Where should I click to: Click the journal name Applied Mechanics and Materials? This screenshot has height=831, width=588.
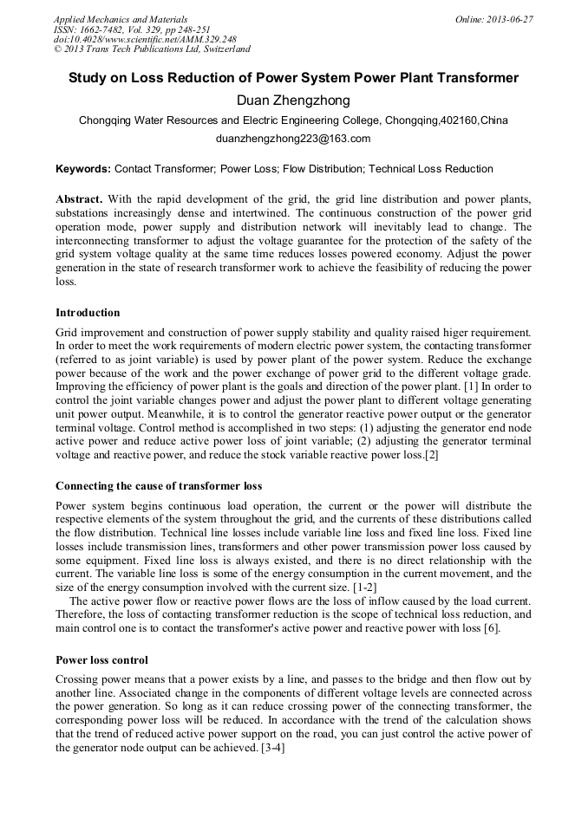pos(121,19)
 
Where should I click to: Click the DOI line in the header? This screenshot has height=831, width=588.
pos(145,39)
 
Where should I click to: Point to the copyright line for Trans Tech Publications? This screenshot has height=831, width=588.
pos(152,49)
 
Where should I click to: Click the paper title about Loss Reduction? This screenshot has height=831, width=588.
pos(293,78)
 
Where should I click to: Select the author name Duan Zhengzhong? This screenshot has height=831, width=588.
pos(293,101)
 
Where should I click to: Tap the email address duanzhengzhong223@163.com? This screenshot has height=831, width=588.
pos(293,139)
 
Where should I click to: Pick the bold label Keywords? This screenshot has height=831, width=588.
pos(83,169)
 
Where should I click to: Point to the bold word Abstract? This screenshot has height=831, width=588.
pos(79,199)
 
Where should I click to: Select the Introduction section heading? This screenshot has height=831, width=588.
pos(88,313)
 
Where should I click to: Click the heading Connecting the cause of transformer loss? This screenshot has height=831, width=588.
pos(159,485)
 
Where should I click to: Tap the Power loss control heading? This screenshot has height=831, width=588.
pos(101,659)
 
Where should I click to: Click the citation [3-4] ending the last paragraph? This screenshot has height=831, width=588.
pos(272,748)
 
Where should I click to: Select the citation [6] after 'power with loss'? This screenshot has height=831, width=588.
pos(492,628)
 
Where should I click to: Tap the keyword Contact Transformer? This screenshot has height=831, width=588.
pos(165,169)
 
